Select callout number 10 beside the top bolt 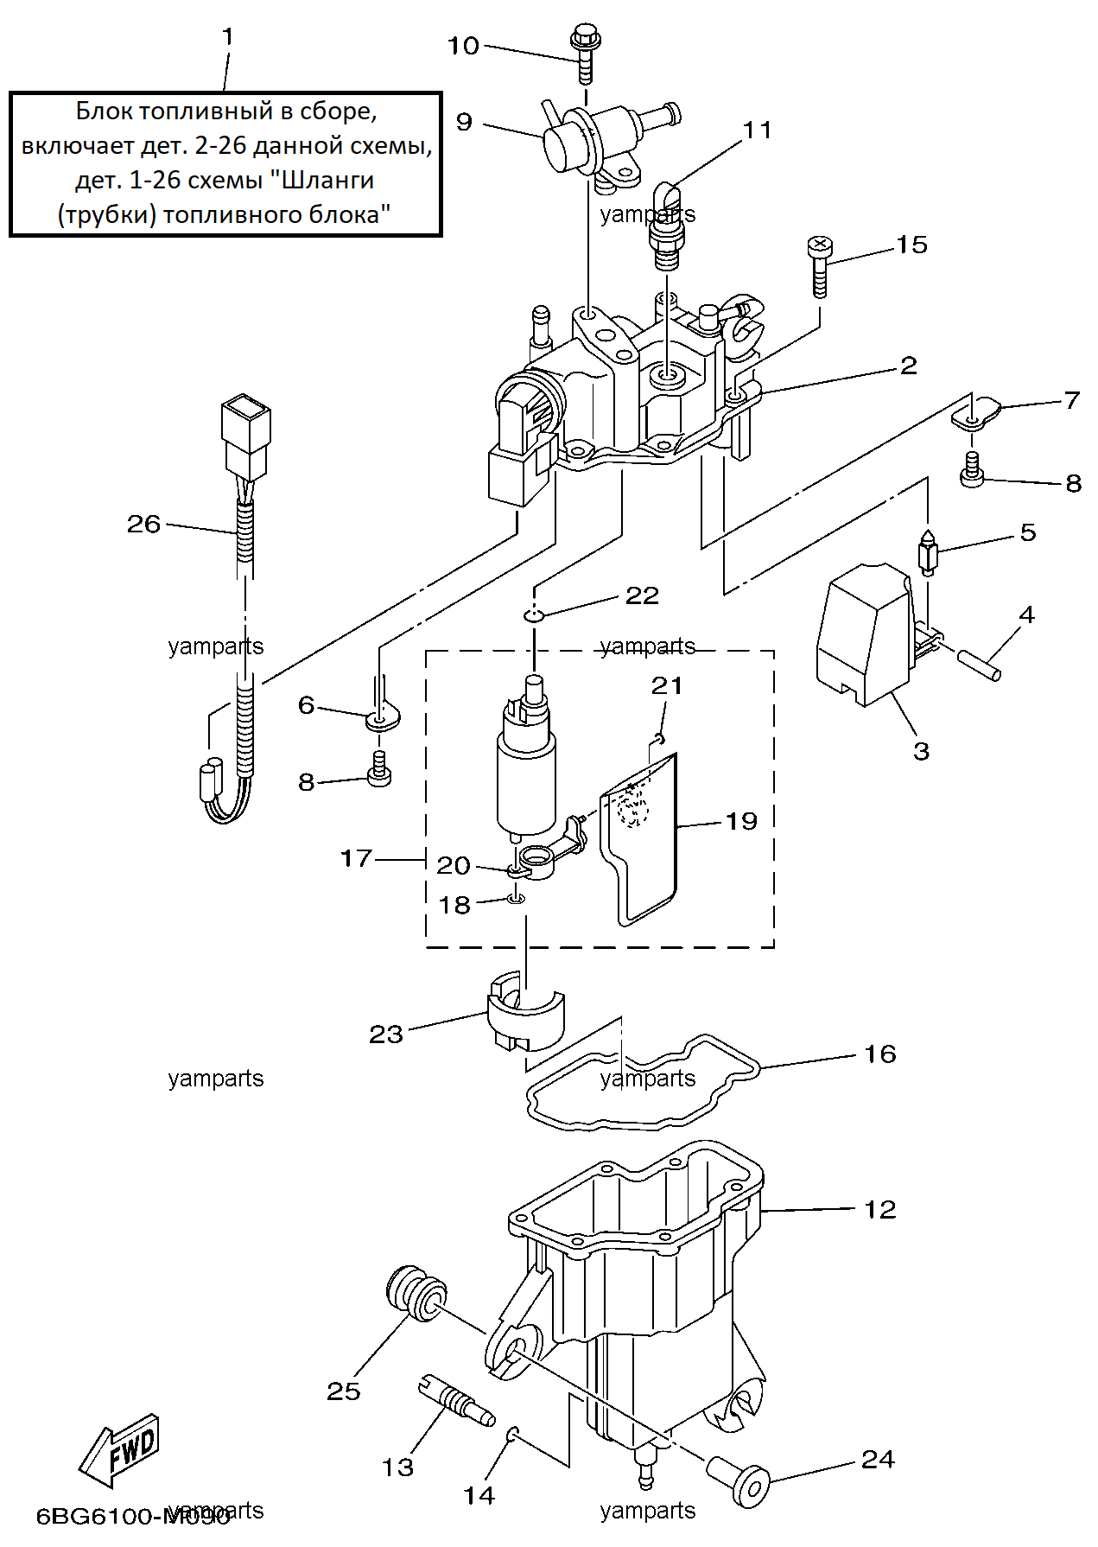pyautogui.click(x=463, y=46)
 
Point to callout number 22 pyautogui.click(x=642, y=595)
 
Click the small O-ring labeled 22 pyautogui.click(x=533, y=614)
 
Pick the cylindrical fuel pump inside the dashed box pyautogui.click(x=526, y=761)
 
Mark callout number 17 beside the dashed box pyautogui.click(x=356, y=858)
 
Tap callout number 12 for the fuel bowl pyautogui.click(x=880, y=1209)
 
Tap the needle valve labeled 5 pyautogui.click(x=928, y=552)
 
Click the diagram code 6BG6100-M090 pyautogui.click(x=132, y=1516)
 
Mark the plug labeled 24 pyautogui.click(x=739, y=1485)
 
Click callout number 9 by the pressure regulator pyautogui.click(x=464, y=121)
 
